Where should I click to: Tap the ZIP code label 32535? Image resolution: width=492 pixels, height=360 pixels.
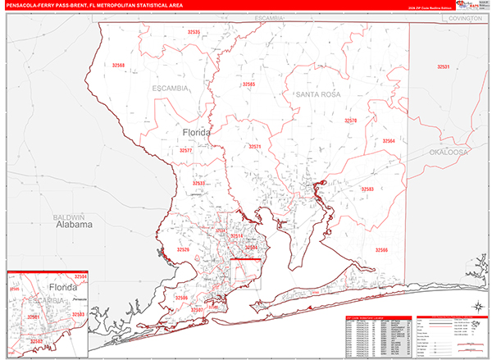[x=194, y=32]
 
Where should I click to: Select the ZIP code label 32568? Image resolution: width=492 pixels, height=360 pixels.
[x=119, y=65]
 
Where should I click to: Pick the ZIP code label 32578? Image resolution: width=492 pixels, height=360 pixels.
[x=350, y=121]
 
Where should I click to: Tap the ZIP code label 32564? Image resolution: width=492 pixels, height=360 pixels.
[x=389, y=141]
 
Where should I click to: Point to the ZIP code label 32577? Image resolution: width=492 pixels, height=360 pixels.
[x=186, y=151]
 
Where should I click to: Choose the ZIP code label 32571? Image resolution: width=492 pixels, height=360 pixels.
[x=255, y=146]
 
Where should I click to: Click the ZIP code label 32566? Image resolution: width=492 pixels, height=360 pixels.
[x=381, y=249]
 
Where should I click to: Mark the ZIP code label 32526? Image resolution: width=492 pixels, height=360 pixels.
[x=184, y=249]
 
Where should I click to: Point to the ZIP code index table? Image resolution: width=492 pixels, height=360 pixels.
[x=376, y=335]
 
